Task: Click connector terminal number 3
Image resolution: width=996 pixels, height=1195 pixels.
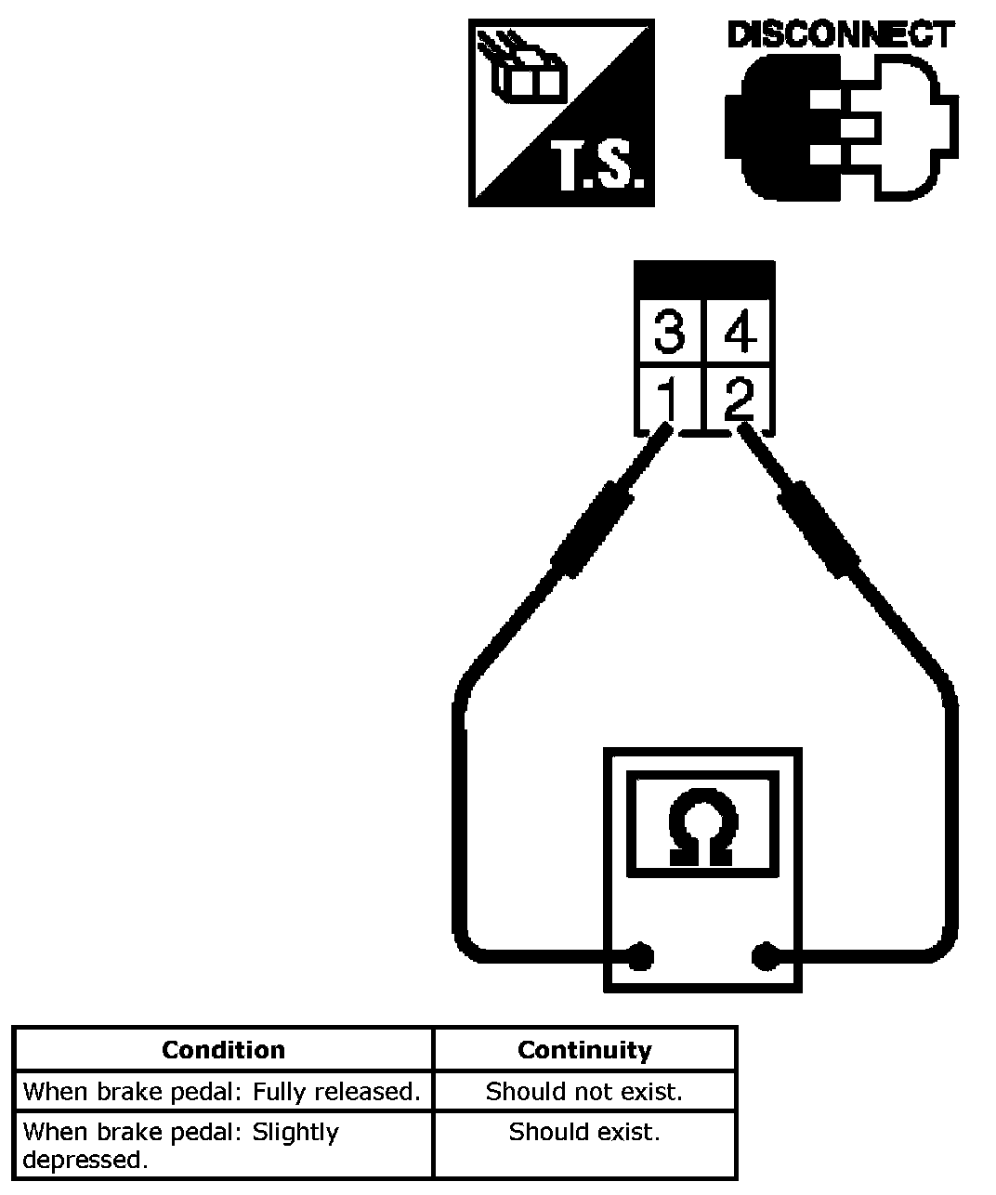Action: tap(669, 331)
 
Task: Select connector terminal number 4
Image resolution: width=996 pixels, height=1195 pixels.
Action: tap(740, 331)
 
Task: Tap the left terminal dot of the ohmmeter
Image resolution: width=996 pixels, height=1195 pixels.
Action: tap(640, 955)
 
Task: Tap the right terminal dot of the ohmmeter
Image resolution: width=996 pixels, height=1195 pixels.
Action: tap(765, 955)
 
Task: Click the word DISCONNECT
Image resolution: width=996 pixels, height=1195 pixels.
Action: tap(841, 35)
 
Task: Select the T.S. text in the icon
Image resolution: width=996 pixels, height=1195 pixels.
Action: tap(600, 167)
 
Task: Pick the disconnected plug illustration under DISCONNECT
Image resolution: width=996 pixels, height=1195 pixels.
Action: tap(841, 125)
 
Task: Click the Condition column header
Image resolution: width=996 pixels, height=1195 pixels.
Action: tap(223, 1050)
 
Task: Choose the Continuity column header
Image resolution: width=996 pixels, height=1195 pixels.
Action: tap(584, 1050)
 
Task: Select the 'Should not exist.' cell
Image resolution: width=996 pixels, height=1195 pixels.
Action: tap(584, 1091)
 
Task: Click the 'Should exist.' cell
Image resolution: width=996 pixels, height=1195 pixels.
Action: tap(584, 1132)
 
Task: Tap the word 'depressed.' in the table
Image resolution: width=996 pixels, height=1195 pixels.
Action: tap(85, 1160)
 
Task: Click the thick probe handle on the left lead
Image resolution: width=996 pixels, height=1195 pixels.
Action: tap(591, 530)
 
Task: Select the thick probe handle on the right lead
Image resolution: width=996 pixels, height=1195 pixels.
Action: tap(819, 530)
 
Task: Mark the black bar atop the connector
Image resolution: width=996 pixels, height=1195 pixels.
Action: tap(704, 280)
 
